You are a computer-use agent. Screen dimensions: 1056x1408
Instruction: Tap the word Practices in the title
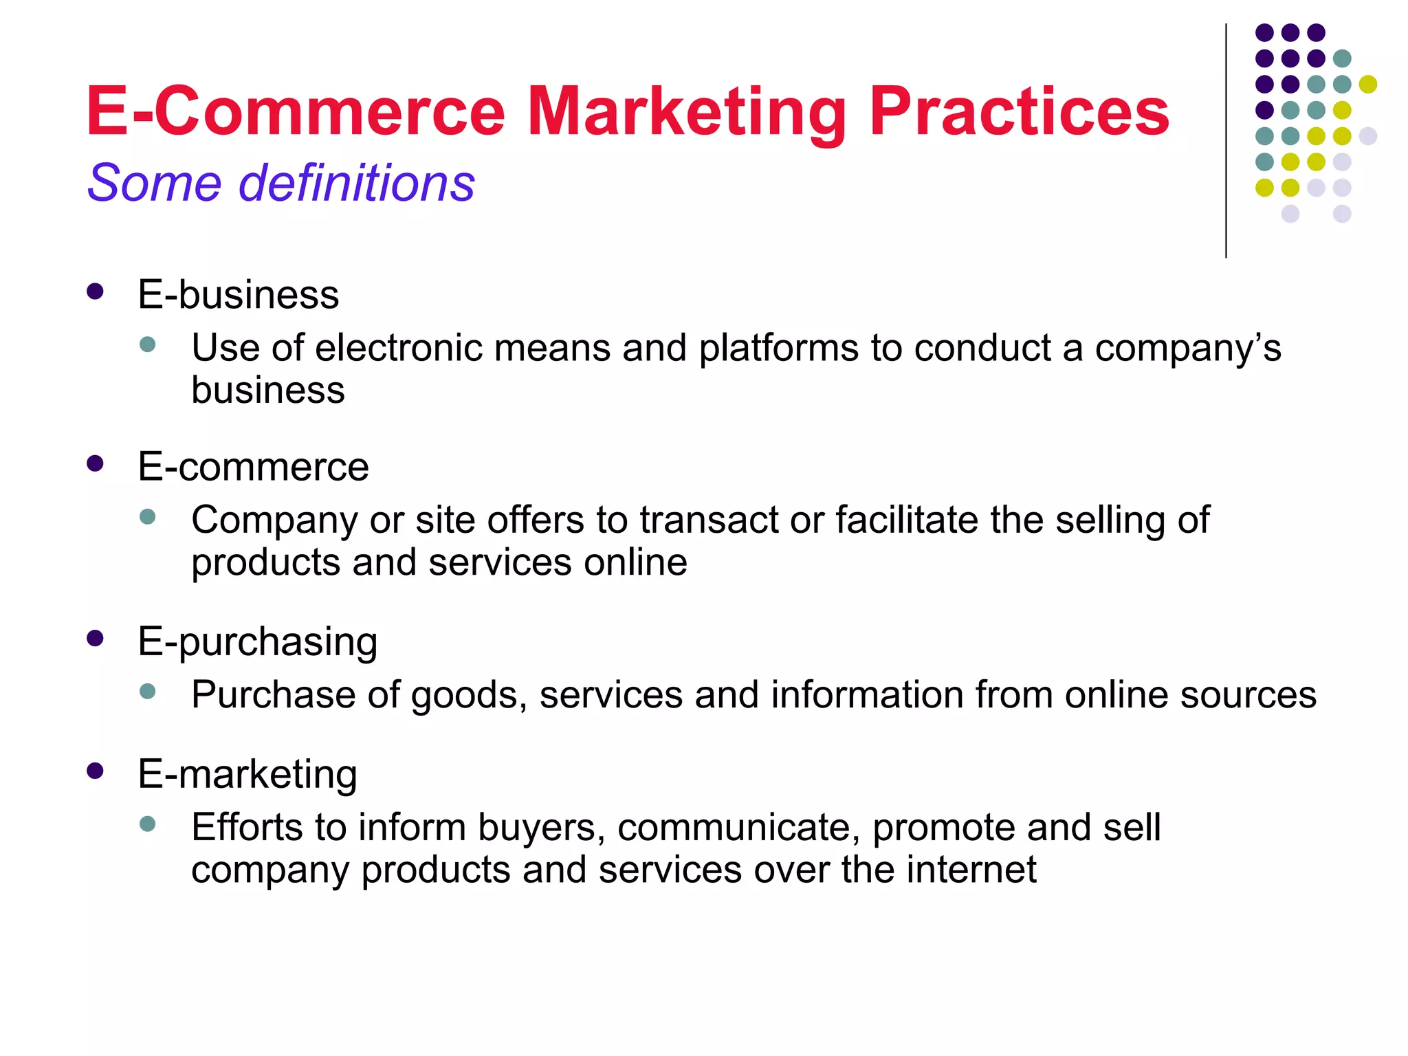pyautogui.click(x=1019, y=111)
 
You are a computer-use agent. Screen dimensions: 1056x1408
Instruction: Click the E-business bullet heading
pyautogui.click(x=238, y=295)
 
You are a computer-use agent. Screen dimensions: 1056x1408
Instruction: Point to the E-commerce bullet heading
pyautogui.click(x=253, y=467)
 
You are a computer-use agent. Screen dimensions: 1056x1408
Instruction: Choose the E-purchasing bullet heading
pyautogui.click(x=257, y=642)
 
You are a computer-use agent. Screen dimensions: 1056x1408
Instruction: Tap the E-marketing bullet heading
pyautogui.click(x=247, y=774)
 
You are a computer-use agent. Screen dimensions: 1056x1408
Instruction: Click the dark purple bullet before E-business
pyautogui.click(x=95, y=291)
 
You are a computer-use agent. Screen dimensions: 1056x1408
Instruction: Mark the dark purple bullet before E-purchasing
pyautogui.click(x=95, y=639)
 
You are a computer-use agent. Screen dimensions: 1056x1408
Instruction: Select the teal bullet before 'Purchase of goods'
pyautogui.click(x=147, y=691)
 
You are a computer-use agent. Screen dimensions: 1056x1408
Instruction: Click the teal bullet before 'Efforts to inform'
pyautogui.click(x=147, y=824)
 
